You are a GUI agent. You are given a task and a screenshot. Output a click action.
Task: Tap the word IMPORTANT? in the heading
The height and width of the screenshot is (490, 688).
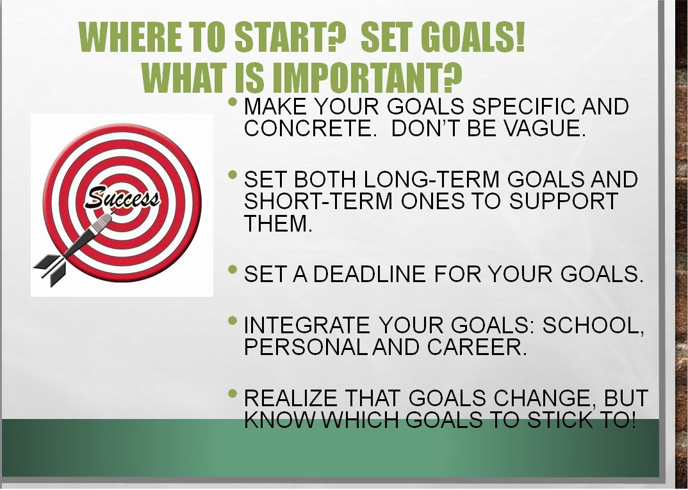(x=367, y=78)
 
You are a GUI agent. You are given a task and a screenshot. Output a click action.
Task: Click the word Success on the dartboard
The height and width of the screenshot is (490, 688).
(x=122, y=197)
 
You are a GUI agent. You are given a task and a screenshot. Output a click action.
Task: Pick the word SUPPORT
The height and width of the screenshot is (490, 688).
(x=563, y=201)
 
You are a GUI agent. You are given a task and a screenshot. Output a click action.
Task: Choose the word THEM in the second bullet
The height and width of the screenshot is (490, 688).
(x=277, y=223)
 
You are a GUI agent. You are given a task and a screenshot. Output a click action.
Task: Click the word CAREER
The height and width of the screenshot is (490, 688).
(x=477, y=347)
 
